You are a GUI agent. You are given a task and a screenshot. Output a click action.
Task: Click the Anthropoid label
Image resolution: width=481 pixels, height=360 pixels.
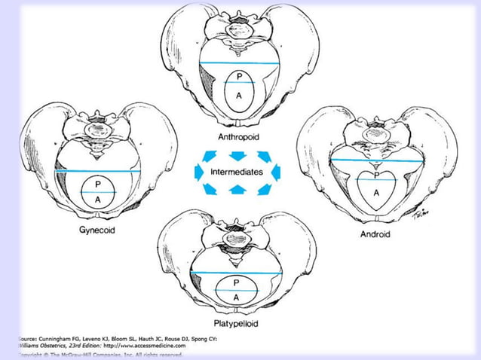[239, 137]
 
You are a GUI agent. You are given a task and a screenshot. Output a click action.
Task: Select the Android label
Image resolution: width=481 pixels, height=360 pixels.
[375, 234]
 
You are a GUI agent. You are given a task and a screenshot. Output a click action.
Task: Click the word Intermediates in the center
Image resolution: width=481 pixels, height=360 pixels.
[237, 172]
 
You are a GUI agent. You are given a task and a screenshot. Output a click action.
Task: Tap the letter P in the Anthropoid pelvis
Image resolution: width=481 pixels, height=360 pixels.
[240, 77]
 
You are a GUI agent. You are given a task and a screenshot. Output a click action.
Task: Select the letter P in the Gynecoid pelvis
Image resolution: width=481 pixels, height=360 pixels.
[97, 184]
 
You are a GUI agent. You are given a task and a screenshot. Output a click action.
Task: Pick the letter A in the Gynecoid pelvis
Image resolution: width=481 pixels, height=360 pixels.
[97, 200]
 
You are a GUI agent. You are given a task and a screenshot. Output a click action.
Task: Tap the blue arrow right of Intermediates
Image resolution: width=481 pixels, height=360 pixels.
[276, 172]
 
